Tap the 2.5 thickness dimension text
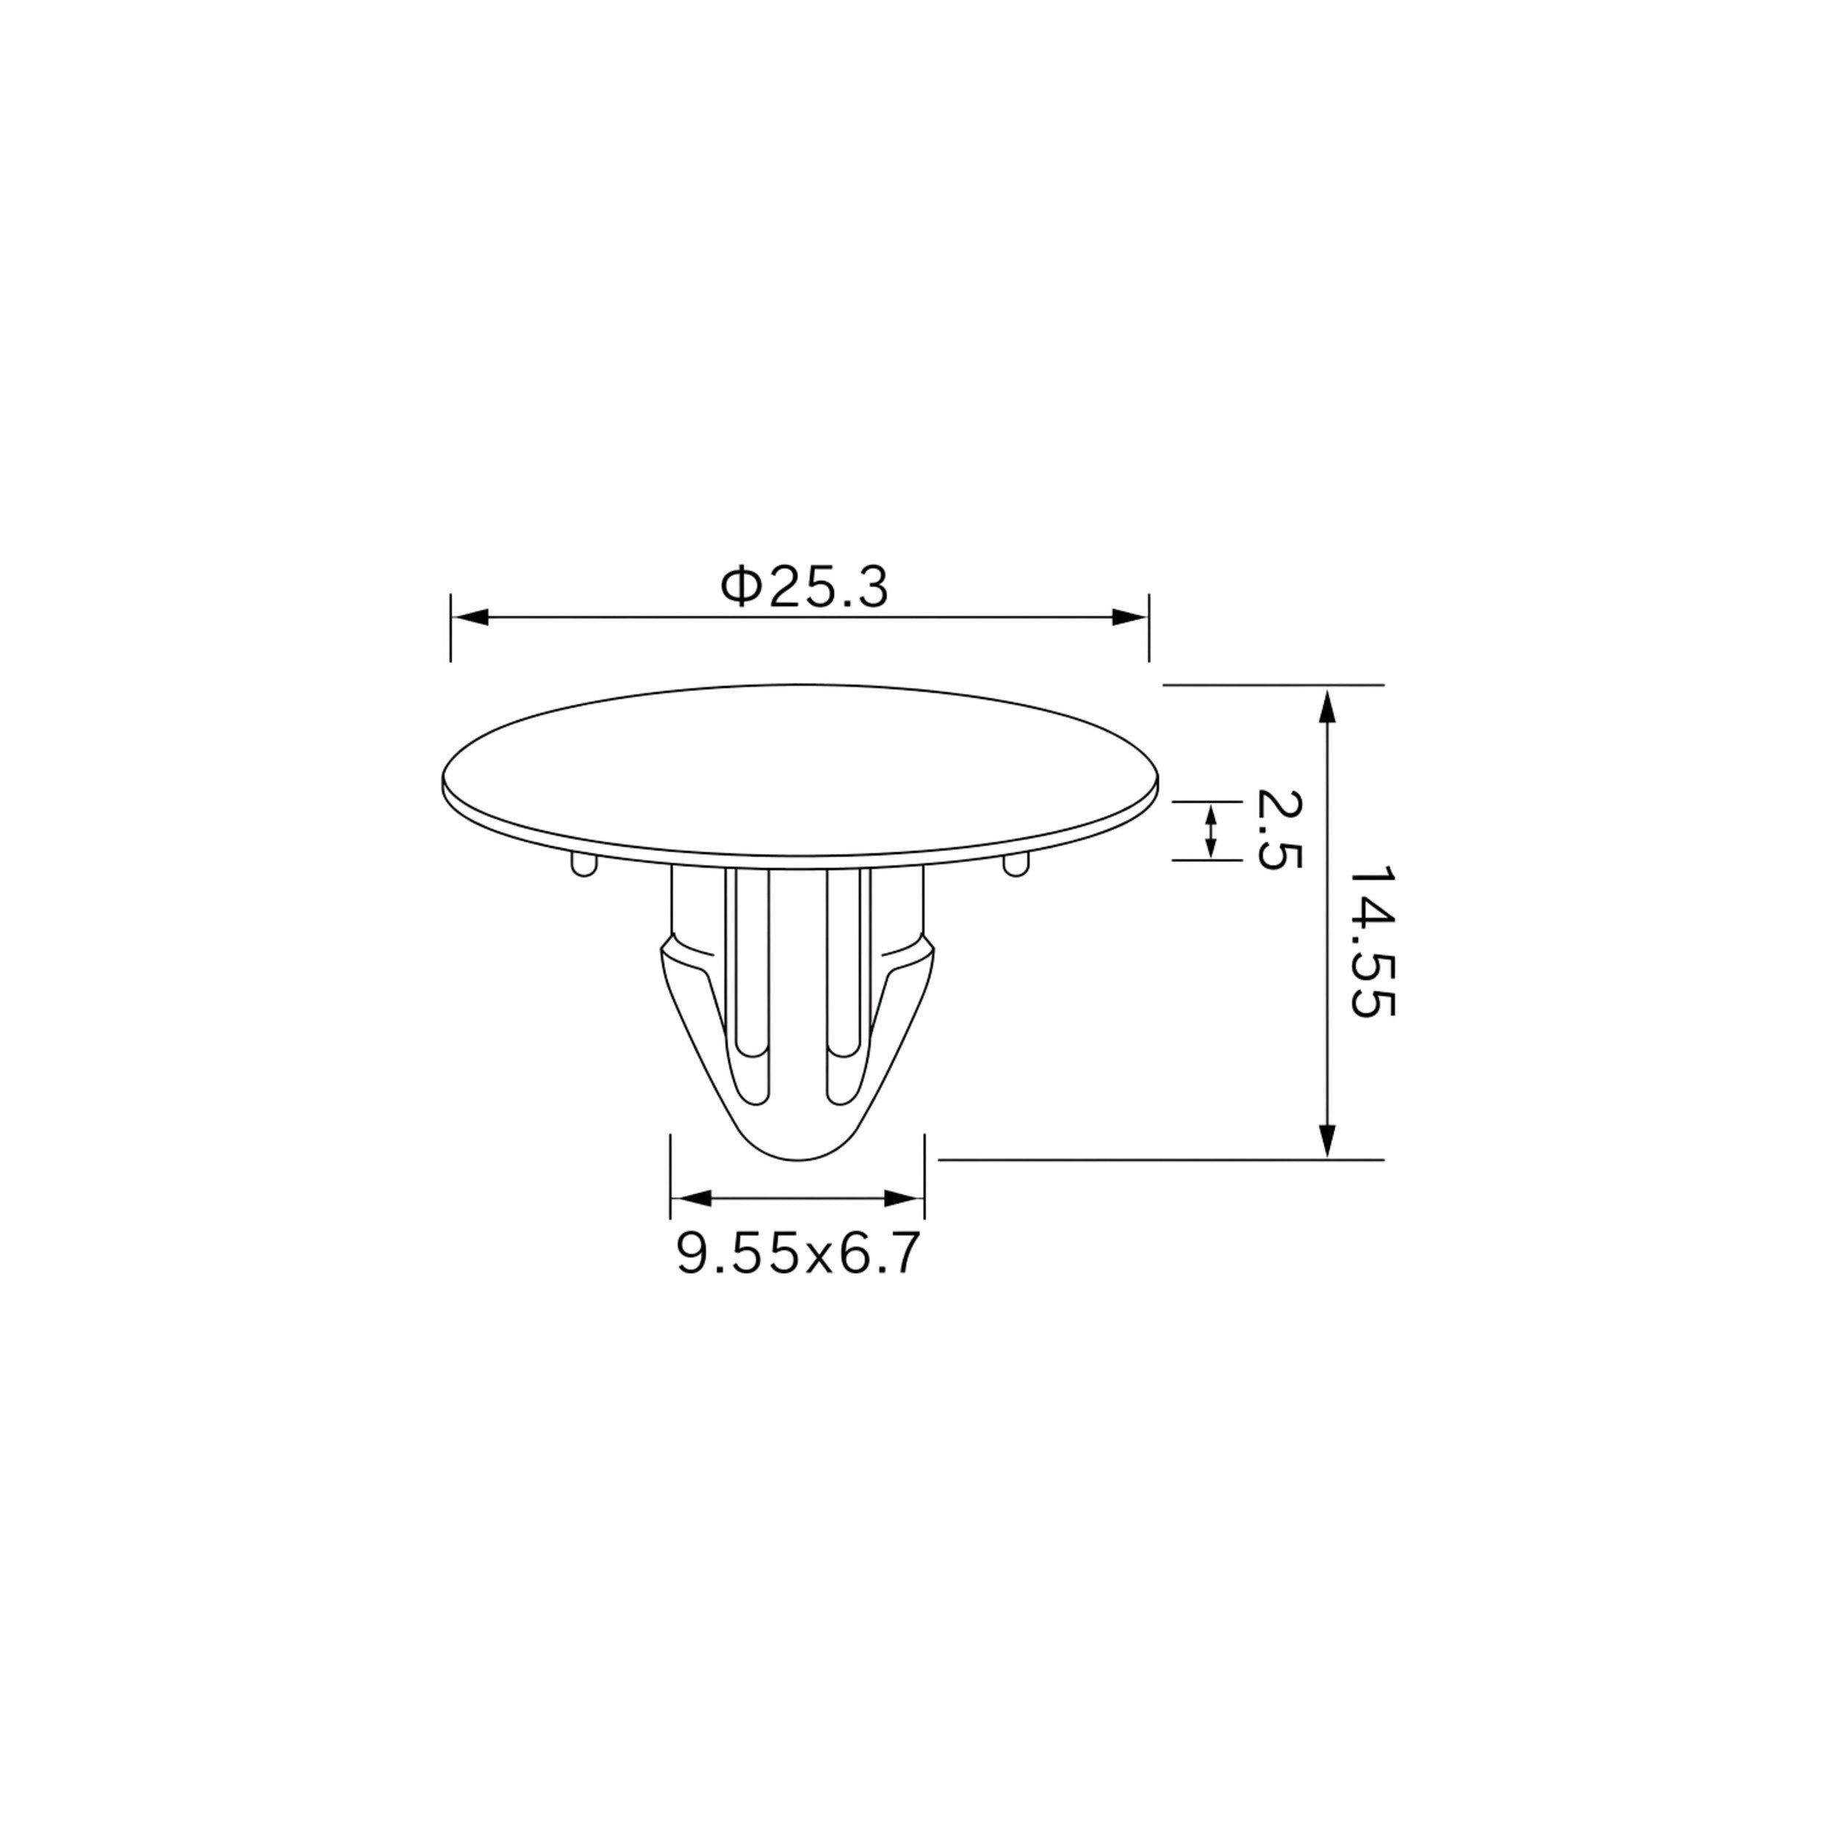click(x=1277, y=828)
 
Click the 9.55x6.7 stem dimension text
click(x=798, y=1253)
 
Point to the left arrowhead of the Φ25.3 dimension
click(x=470, y=617)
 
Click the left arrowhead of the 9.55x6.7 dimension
click(x=690, y=1198)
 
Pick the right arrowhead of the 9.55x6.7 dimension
click(x=905, y=1198)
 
